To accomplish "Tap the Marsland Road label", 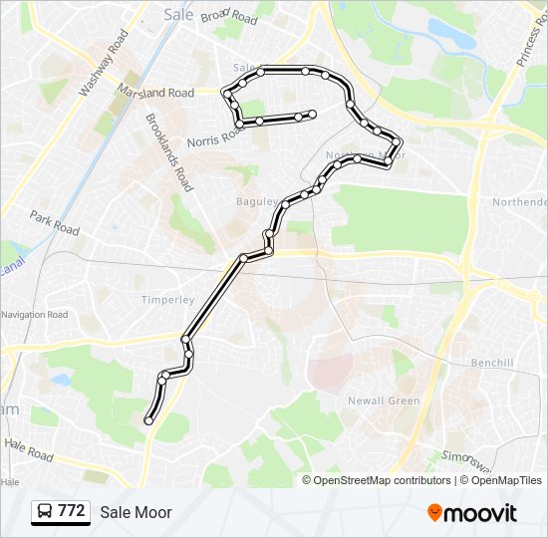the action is [153, 93].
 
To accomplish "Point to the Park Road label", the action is [54, 222].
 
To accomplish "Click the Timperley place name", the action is [167, 299].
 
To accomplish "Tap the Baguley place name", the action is [252, 201].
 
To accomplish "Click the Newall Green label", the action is [384, 401].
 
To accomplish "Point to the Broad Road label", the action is [228, 16].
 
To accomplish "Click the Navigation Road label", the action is [35, 315].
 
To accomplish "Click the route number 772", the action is [71, 511].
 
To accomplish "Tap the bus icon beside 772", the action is [45, 512].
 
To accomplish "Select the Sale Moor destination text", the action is [136, 512].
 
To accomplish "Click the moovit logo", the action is [472, 513].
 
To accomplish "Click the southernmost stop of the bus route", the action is [148, 421].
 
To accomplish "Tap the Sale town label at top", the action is [177, 14].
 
